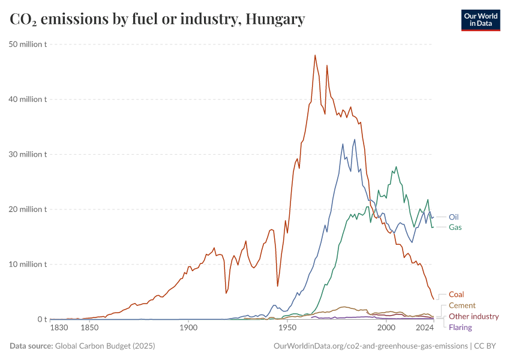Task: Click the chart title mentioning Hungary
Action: (157, 19)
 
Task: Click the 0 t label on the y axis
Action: (41, 319)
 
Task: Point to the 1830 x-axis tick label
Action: (59, 328)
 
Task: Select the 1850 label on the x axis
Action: (89, 328)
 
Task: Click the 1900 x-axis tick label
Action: (188, 328)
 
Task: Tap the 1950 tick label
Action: (287, 328)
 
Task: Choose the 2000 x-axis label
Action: (386, 328)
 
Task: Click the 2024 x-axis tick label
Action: (425, 328)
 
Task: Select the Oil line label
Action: (455, 217)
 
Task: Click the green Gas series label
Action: (455, 227)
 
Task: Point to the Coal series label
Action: (457, 295)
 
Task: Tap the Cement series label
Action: (462, 305)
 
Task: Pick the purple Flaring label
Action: (460, 327)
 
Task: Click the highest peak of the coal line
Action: (315, 55)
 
